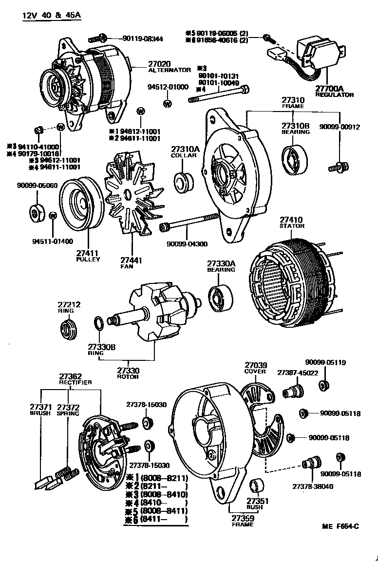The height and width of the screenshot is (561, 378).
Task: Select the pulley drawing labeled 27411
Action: (x=81, y=205)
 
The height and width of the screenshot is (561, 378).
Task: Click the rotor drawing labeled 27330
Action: (x=154, y=315)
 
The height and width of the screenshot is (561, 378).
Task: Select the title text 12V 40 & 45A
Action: (x=52, y=15)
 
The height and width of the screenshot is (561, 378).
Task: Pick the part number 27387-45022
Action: (x=298, y=373)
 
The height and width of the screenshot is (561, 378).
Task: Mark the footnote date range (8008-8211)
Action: (x=164, y=477)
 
